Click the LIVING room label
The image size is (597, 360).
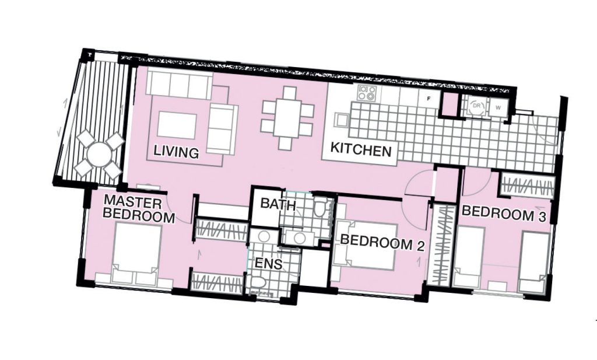(x=176, y=152)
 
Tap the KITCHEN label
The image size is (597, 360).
(x=360, y=149)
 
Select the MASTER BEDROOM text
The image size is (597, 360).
(x=138, y=209)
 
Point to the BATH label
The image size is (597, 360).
(x=278, y=204)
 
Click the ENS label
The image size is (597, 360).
(x=268, y=264)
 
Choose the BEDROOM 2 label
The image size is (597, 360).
(x=382, y=242)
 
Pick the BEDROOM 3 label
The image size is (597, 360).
(x=504, y=214)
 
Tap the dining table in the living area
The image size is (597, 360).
(x=287, y=118)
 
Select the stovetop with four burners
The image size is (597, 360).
(x=367, y=93)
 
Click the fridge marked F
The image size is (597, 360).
(x=429, y=98)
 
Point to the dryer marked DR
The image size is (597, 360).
(x=476, y=106)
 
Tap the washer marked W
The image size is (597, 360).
(x=498, y=107)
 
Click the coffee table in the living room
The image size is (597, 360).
(x=177, y=125)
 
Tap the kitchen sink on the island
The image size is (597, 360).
(x=341, y=120)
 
